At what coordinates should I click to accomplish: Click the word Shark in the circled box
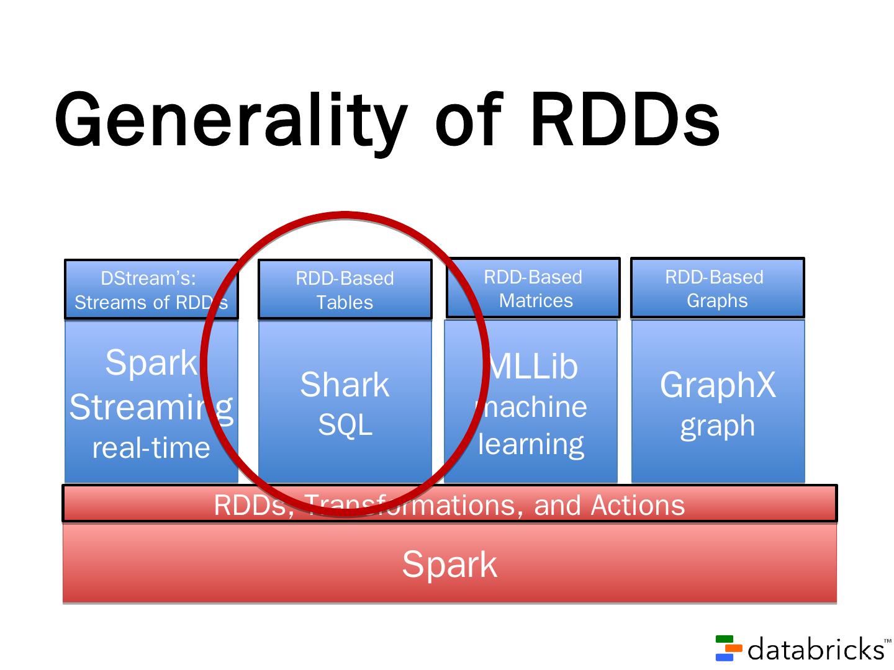(345, 385)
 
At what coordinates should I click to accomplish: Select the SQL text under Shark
(345, 425)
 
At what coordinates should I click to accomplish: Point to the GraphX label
(718, 385)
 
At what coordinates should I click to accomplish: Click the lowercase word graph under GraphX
(718, 426)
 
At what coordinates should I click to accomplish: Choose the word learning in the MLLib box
(531, 444)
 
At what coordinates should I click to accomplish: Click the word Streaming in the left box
(151, 407)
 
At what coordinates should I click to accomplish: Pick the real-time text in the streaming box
(151, 448)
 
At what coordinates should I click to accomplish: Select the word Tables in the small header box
(345, 302)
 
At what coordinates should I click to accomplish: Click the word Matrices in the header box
(536, 300)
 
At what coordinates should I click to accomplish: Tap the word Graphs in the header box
(717, 300)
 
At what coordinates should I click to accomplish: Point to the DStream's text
(148, 278)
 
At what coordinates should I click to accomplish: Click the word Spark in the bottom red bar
(449, 565)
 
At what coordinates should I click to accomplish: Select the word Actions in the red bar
(638, 505)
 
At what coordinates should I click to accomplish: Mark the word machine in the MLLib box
(531, 407)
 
